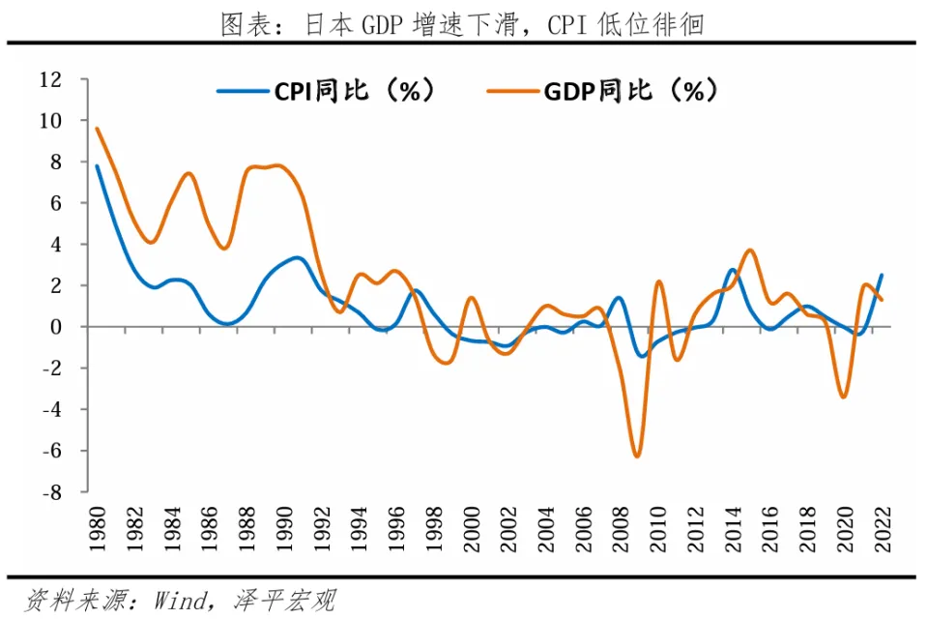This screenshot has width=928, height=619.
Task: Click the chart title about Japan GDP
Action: [461, 21]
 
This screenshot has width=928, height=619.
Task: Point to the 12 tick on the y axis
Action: [50, 79]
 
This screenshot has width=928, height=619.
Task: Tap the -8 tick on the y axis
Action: [50, 491]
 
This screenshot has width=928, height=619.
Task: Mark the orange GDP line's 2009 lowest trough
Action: [637, 456]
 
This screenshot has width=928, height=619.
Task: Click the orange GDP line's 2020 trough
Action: [844, 397]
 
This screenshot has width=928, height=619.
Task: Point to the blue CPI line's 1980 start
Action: [97, 166]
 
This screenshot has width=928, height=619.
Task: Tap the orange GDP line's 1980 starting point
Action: [97, 129]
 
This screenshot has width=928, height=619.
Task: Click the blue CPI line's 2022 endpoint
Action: [882, 275]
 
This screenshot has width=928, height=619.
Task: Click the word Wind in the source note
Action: [179, 600]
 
